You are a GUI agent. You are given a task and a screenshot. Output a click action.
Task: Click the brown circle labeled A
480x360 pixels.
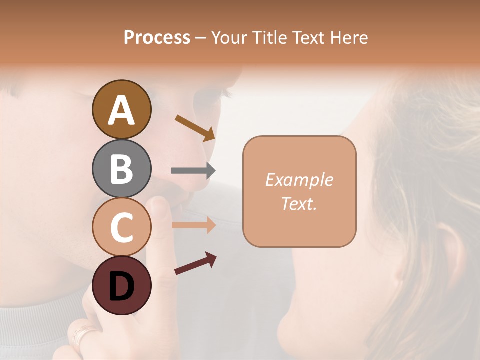121,109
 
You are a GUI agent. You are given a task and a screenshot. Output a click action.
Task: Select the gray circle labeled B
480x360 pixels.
121,168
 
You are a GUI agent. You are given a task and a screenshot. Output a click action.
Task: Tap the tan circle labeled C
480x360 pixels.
121,227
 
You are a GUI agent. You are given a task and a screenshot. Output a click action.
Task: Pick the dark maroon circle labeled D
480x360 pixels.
121,285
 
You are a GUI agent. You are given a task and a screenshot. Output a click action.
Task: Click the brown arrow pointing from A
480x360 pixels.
195,128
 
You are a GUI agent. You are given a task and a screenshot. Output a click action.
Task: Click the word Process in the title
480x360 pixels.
157,37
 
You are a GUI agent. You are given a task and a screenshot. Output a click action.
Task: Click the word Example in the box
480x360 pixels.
299,180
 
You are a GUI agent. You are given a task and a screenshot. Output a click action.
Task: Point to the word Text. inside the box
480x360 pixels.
299,203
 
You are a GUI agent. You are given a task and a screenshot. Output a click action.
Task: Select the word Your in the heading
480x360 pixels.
230,37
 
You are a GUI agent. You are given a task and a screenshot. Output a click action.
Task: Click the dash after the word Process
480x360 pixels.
201,38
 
